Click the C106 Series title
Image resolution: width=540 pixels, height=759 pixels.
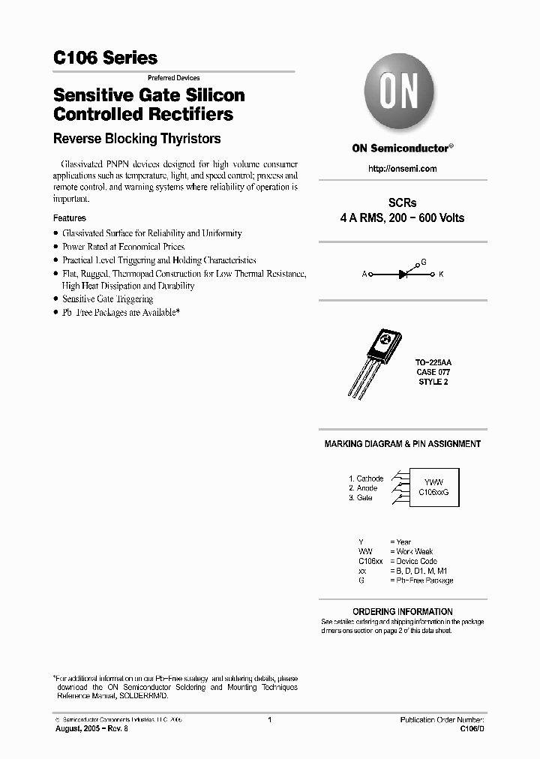pyautogui.click(x=105, y=58)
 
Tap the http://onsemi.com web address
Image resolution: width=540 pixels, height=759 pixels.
pyautogui.click(x=402, y=169)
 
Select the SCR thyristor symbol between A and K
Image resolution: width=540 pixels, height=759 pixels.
pyautogui.click(x=403, y=274)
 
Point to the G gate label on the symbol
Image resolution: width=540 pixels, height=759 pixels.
pyautogui.click(x=424, y=262)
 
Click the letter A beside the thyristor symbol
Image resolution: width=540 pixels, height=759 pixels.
pyautogui.click(x=364, y=274)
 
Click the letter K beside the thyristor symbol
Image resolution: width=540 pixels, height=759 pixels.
pyautogui.click(x=441, y=274)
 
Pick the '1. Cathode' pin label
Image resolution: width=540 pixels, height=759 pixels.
pyautogui.click(x=365, y=478)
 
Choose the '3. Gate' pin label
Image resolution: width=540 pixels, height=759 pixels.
pyautogui.click(x=360, y=498)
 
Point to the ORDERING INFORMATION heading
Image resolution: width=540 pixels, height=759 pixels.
pyautogui.click(x=402, y=611)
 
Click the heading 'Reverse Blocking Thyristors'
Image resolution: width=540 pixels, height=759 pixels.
pyautogui.click(x=136, y=139)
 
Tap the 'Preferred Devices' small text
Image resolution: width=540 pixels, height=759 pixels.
pyautogui.click(x=172, y=78)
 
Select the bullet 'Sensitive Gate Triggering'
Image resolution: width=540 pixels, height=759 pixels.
pyautogui.click(x=107, y=299)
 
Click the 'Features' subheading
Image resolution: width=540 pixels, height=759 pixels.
pyautogui.click(x=70, y=218)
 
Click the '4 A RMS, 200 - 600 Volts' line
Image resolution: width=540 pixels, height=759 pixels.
pyautogui.click(x=402, y=218)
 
